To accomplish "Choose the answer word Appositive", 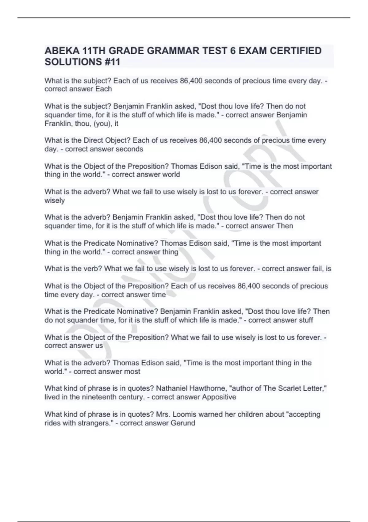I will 219,397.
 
